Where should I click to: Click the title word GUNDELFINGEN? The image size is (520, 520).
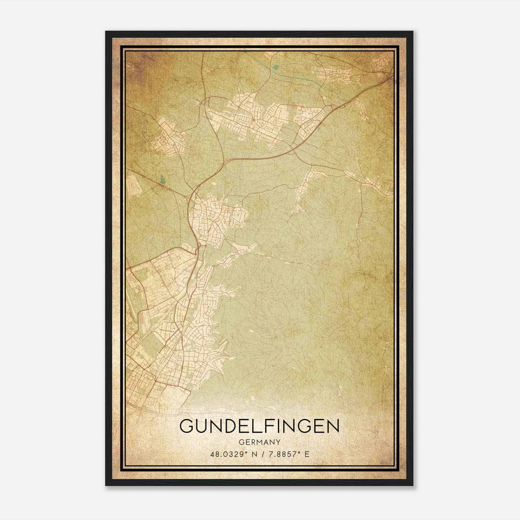coord(259,426)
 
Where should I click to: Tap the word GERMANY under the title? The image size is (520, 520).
coord(259,442)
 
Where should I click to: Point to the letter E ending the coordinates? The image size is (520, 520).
coord(307,454)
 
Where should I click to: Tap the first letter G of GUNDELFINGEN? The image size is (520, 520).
coord(187,426)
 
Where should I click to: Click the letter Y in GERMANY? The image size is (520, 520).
coord(278,442)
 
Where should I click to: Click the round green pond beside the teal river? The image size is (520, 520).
coord(276,67)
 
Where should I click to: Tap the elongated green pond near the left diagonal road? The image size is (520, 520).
coord(162,178)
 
